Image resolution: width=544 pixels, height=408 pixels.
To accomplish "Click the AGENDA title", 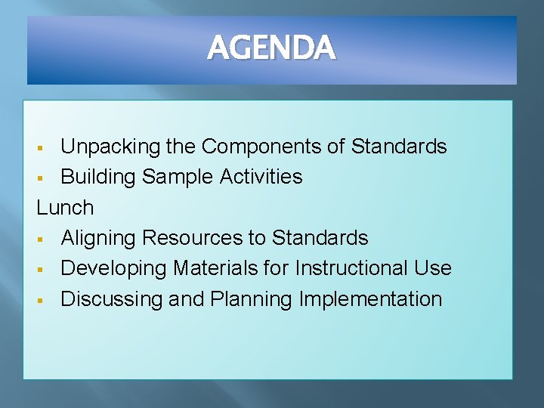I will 271,49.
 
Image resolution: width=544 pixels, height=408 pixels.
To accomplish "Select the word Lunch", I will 66,207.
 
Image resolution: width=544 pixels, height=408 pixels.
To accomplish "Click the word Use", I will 433,268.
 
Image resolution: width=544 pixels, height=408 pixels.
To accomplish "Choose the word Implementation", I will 370,299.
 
